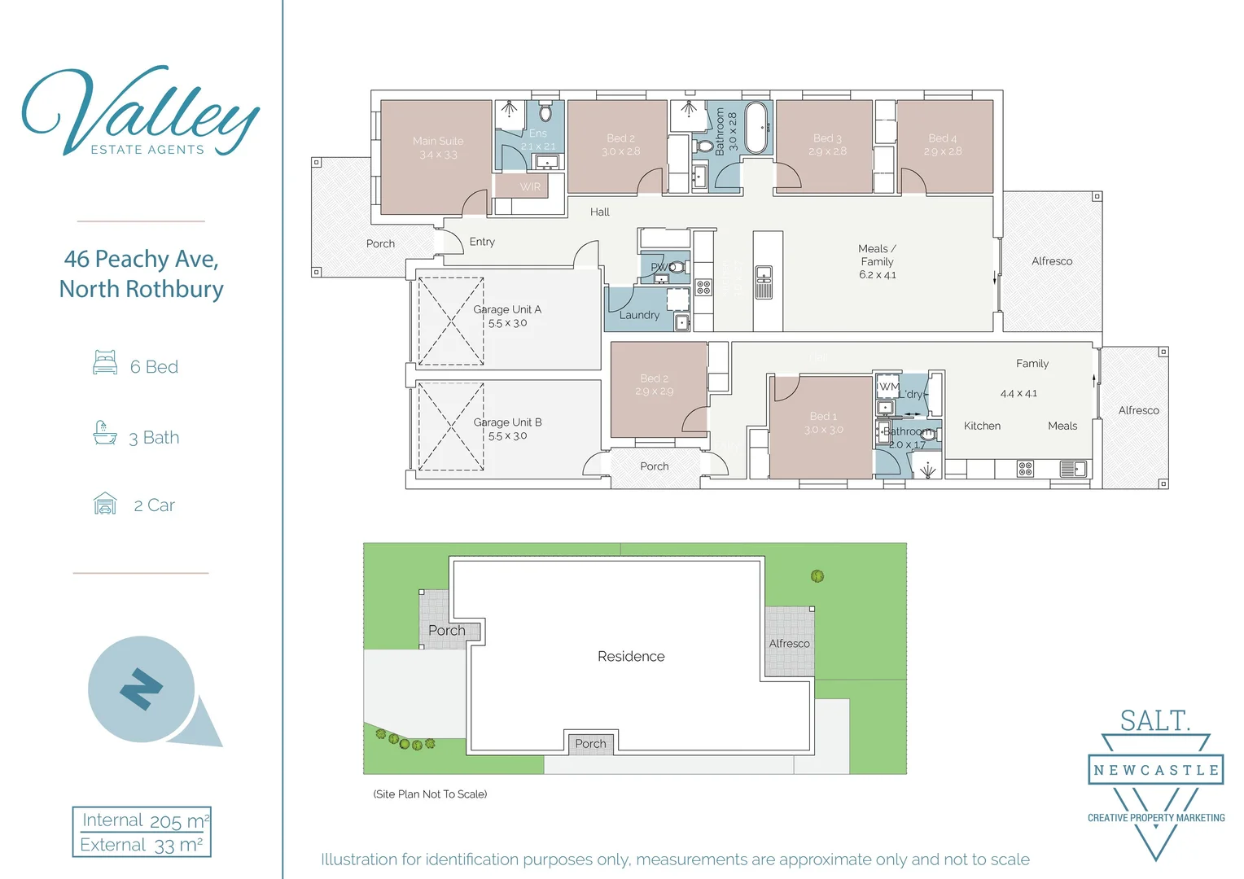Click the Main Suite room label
point(438,147)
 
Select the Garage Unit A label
point(507,316)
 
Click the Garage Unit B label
point(507,429)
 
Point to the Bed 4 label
point(943,145)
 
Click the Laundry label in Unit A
point(639,315)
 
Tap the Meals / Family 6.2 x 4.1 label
point(877,261)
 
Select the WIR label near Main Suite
point(530,187)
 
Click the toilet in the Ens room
point(545,112)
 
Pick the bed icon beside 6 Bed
point(105,363)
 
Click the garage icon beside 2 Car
point(105,504)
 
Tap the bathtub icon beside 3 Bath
point(105,433)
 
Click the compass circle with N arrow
point(142,689)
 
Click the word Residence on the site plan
point(631,657)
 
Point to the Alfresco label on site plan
point(789,644)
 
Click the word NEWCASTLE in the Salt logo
point(1156,770)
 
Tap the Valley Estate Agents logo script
point(140,110)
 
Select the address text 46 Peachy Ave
point(141,260)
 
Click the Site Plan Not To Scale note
point(430,794)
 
